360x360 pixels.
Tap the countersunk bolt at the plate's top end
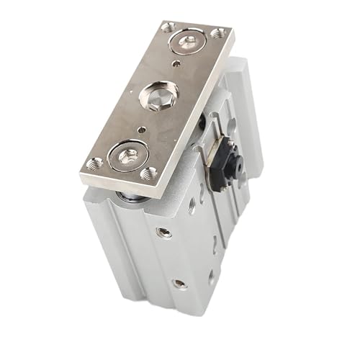(189, 41)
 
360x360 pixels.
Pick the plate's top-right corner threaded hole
(217, 33)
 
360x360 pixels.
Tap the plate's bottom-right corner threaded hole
(150, 173)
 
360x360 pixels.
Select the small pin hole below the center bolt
(143, 130)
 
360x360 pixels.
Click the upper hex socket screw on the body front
(165, 232)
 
